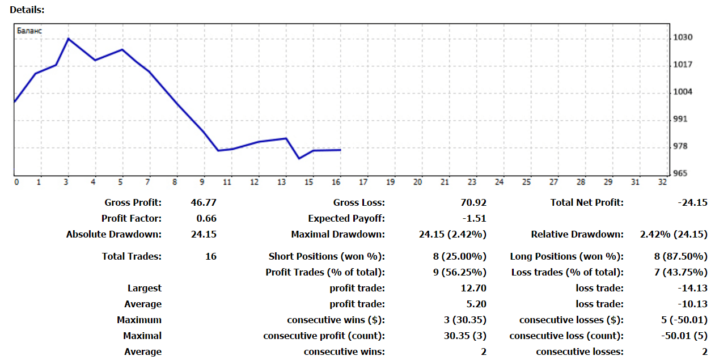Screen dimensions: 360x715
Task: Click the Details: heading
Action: pyautogui.click(x=27, y=10)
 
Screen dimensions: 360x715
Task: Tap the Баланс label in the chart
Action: pyautogui.click(x=29, y=31)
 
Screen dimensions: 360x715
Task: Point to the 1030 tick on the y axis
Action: pyautogui.click(x=683, y=37)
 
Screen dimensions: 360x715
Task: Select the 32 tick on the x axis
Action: pyautogui.click(x=662, y=182)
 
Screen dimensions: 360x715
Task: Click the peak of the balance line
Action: pyautogui.click(x=68, y=39)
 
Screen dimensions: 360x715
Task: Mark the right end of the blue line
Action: pyautogui.click(x=340, y=150)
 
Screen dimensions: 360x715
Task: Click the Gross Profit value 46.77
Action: pyautogui.click(x=204, y=202)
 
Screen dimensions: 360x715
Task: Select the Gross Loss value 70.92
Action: pyautogui.click(x=474, y=202)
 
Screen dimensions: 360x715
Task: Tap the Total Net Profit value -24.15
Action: pyautogui.click(x=692, y=202)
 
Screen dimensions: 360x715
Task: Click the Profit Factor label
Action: pyautogui.click(x=132, y=218)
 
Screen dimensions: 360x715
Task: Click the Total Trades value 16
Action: pyautogui.click(x=210, y=256)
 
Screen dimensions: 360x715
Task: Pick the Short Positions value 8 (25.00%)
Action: pyautogui.click(x=460, y=256)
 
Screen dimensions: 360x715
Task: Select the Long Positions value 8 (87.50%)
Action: pyautogui.click(x=681, y=256)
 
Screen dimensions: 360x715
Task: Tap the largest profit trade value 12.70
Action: pyautogui.click(x=474, y=288)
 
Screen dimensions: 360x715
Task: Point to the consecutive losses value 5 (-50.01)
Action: pyautogui.click(x=684, y=320)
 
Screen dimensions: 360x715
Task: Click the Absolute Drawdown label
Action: pyautogui.click(x=114, y=234)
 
